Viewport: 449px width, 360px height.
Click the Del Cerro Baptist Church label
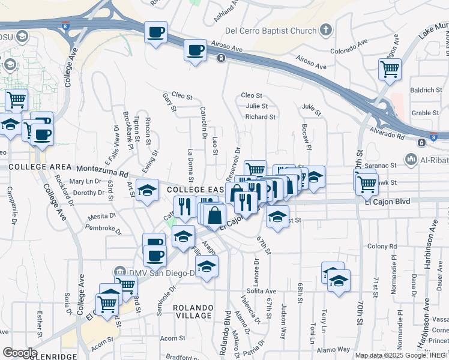(x=270, y=30)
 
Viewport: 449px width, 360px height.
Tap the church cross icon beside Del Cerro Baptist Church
(x=325, y=29)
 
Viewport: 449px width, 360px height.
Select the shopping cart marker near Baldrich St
(x=390, y=71)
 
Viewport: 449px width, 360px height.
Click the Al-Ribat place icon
(x=411, y=160)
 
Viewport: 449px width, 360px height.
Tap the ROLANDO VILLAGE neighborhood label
(x=192, y=311)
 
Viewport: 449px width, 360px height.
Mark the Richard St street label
(x=261, y=117)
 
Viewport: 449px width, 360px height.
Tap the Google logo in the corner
(x=20, y=353)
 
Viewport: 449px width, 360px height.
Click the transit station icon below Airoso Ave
(x=221, y=58)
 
